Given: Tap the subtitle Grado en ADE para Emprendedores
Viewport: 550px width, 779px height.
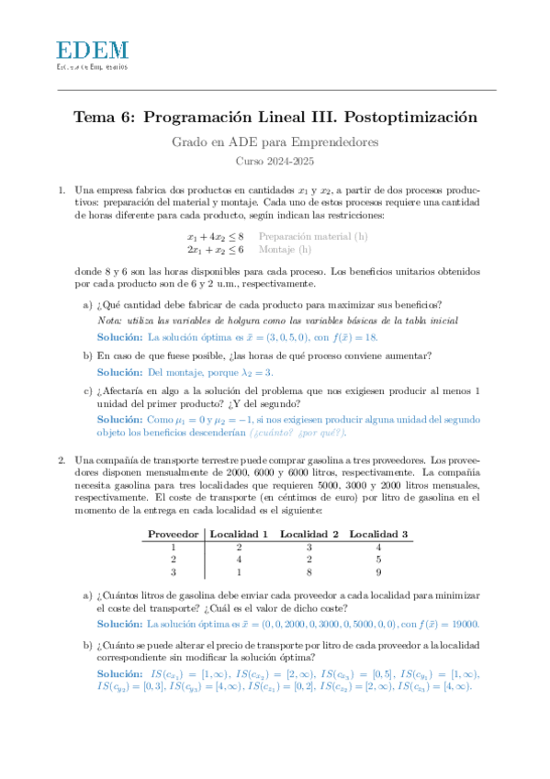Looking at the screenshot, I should coord(275,142).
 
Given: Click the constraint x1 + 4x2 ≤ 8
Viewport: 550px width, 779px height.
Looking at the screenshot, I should coord(215,236).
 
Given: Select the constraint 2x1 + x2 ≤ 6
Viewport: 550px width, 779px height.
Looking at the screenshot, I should coord(215,249).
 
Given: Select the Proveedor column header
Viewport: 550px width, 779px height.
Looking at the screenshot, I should coord(173,534).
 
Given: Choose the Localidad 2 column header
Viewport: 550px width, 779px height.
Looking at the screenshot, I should coord(309,534).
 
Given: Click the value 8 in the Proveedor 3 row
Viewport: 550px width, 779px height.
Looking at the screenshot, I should coord(309,572).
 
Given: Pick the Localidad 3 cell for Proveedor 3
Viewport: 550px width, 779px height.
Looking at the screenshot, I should coord(378,572).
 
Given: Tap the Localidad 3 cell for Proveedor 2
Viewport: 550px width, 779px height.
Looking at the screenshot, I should coord(378,559).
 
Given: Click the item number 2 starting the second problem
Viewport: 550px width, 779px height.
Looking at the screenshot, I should coord(62,458).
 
